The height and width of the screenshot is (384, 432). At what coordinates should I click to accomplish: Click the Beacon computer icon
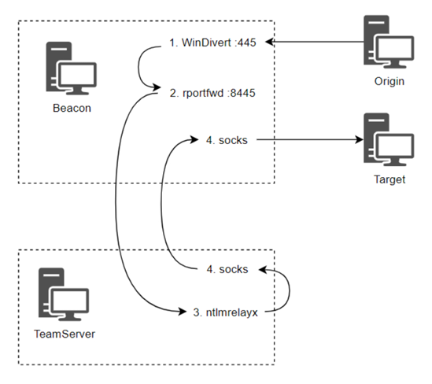71,68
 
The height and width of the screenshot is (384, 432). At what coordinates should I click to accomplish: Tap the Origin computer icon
389,42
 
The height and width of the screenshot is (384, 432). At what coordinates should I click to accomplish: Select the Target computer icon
389,139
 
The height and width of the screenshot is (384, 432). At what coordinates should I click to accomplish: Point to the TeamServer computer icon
64,294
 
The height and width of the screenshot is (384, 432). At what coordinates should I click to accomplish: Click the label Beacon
72,108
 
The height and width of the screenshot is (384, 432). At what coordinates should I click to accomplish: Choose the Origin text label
390,82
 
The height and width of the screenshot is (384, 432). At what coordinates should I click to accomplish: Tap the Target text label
390,179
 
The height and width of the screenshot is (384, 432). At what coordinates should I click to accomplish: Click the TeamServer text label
65,334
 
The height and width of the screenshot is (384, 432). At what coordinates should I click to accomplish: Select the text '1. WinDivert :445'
212,42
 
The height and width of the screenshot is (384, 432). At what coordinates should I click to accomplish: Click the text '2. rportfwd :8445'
212,93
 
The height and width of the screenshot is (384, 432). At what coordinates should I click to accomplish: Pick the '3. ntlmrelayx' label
225,312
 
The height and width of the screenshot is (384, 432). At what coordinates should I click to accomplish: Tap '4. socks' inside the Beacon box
227,141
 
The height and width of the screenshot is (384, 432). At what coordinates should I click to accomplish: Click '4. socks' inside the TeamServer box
227,269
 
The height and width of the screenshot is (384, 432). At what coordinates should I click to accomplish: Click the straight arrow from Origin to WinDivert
314,42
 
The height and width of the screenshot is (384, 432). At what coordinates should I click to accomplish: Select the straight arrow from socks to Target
310,139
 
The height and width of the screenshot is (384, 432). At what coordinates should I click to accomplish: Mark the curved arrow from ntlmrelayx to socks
290,290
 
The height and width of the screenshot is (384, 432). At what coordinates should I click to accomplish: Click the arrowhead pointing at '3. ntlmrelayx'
183,312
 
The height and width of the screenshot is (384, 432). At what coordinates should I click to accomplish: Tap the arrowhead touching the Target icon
360,139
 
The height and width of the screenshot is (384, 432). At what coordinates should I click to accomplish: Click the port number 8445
242,93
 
